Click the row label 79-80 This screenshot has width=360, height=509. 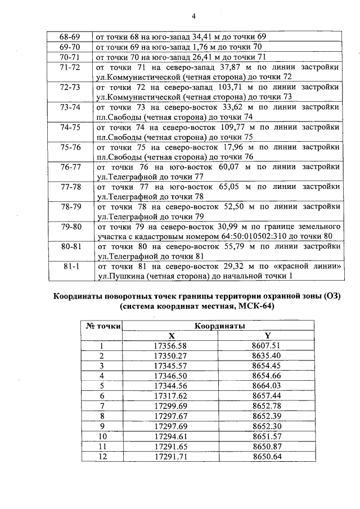[70, 226]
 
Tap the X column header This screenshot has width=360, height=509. [179, 335]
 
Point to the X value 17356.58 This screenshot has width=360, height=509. [180, 345]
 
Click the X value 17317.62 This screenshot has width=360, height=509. [180, 395]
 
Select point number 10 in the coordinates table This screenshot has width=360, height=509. [102, 436]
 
